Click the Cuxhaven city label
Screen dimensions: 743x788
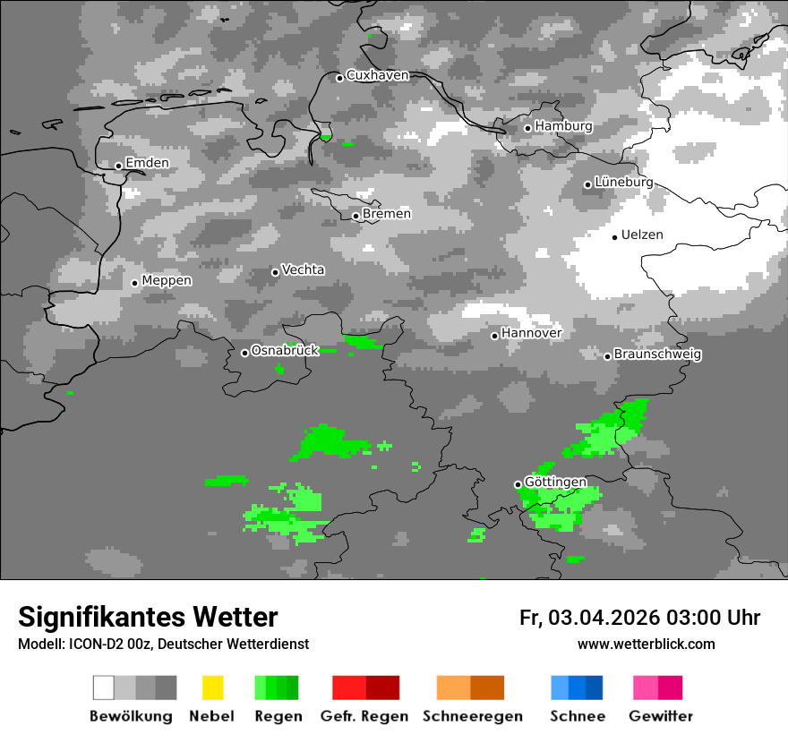click(x=377, y=75)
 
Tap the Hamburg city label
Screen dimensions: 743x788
click(x=563, y=126)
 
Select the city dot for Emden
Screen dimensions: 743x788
click(x=118, y=166)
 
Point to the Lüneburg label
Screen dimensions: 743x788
click(x=623, y=182)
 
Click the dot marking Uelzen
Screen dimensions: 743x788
click(x=614, y=237)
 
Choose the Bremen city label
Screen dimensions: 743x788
click(x=387, y=214)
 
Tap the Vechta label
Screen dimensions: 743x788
click(x=303, y=269)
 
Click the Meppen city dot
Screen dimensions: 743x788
click(x=134, y=283)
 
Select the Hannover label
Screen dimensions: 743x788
click(x=531, y=333)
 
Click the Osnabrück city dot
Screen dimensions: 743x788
click(x=244, y=353)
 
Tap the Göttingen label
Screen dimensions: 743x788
click(x=555, y=483)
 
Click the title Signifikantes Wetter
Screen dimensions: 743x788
click(x=148, y=617)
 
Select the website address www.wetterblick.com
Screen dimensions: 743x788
click(x=646, y=644)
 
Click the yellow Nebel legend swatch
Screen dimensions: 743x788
click(x=212, y=687)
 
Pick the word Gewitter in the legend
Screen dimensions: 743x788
click(x=661, y=716)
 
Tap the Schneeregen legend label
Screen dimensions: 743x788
click(x=472, y=716)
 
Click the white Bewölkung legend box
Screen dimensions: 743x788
click(x=104, y=687)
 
